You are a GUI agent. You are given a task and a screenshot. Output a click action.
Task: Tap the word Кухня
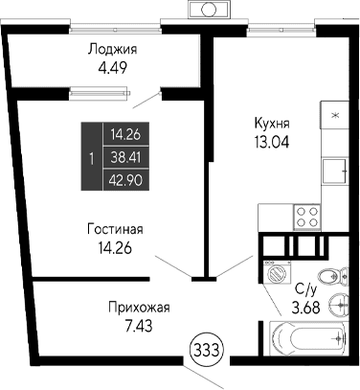271,124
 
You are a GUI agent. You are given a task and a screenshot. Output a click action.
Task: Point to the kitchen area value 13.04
271,142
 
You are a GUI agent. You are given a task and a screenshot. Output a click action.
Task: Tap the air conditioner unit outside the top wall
206,9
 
